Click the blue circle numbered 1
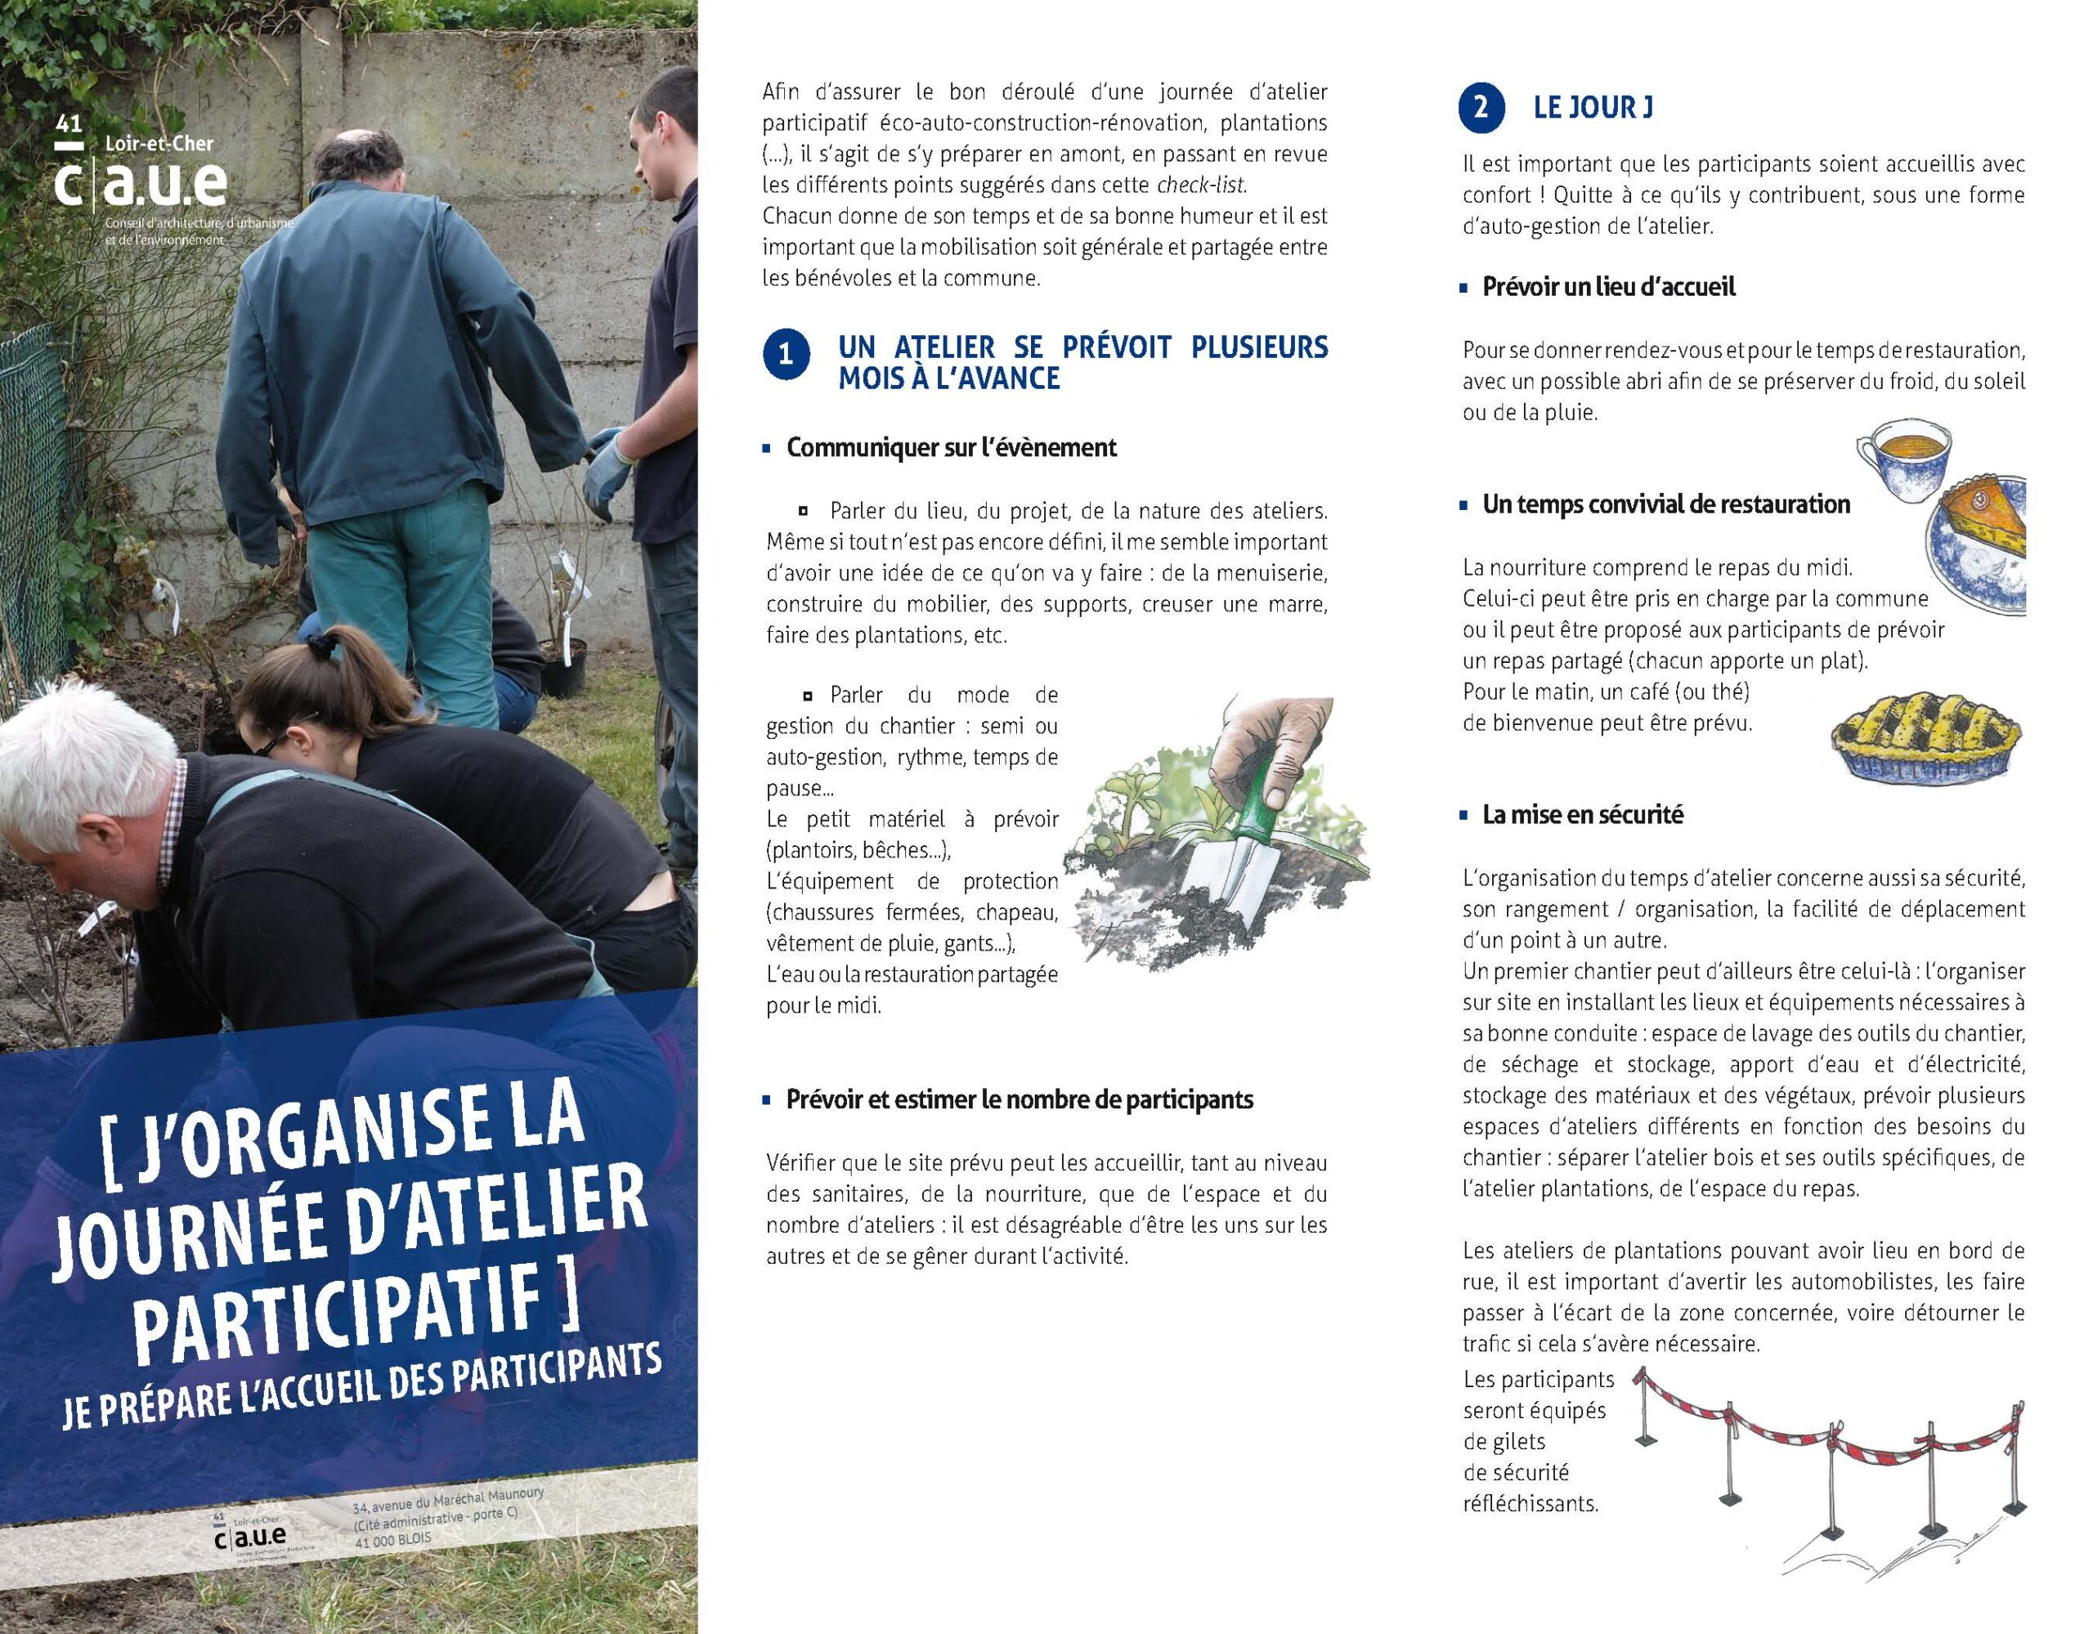(786, 355)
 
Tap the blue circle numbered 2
(1481, 107)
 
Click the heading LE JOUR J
(1593, 107)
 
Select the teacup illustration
(1903, 458)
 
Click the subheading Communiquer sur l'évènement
(951, 448)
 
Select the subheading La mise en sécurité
(1582, 815)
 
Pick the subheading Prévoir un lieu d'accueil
(1608, 287)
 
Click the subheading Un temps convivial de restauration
(1665, 504)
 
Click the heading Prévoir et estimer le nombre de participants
(1019, 1099)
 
